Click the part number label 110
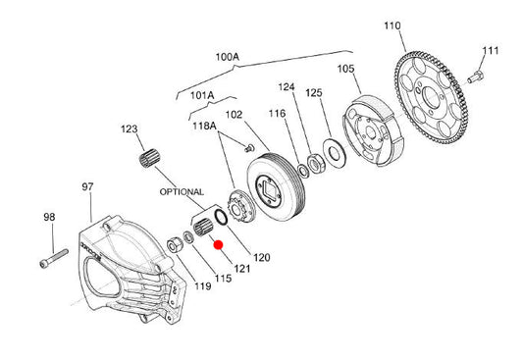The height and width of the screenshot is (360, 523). pyautogui.click(x=392, y=26)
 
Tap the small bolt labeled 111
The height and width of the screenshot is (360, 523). pyautogui.click(x=475, y=77)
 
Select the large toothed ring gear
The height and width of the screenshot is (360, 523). pyautogui.click(x=432, y=97)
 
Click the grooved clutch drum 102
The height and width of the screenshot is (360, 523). pyautogui.click(x=276, y=186)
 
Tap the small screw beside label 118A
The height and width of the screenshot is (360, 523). pyautogui.click(x=249, y=148)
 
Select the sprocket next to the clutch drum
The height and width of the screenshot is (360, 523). pyautogui.click(x=239, y=206)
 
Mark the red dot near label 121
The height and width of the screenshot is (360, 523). pyautogui.click(x=219, y=245)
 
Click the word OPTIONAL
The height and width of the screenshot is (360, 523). pyautogui.click(x=182, y=192)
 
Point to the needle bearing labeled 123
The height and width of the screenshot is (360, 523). pyautogui.click(x=149, y=158)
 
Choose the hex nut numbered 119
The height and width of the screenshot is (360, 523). pyautogui.click(x=175, y=245)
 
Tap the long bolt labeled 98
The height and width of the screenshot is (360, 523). pyautogui.click(x=54, y=258)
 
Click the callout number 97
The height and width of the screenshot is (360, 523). pyautogui.click(x=87, y=186)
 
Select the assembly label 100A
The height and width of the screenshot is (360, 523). pyautogui.click(x=227, y=57)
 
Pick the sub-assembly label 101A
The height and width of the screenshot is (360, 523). pyautogui.click(x=202, y=96)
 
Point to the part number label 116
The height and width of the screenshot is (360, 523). pyautogui.click(x=277, y=114)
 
